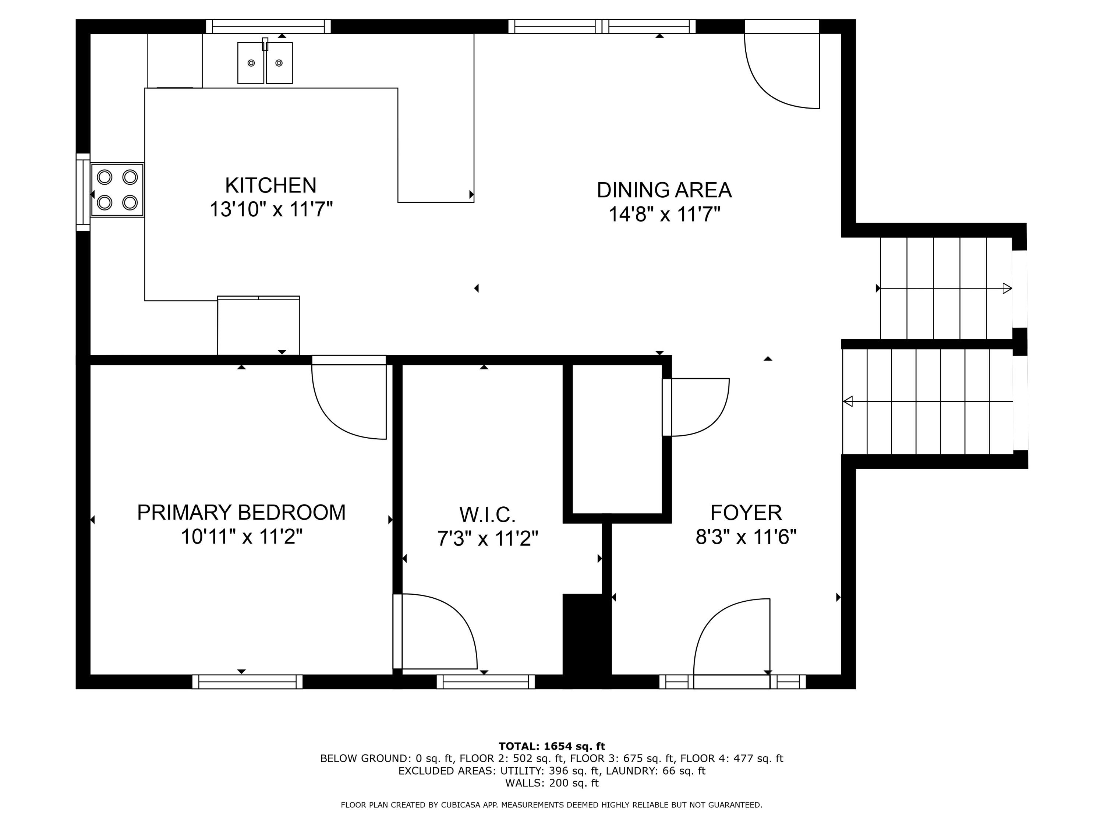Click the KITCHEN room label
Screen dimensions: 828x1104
click(270, 186)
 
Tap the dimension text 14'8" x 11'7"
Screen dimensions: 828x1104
click(664, 215)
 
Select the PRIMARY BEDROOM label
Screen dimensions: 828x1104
click(241, 513)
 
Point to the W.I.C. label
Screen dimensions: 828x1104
click(487, 514)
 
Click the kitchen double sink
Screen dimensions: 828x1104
click(265, 63)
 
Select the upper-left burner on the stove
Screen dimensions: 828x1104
click(105, 177)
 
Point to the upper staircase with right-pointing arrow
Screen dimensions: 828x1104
click(945, 289)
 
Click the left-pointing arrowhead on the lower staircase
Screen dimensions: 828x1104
click(848, 401)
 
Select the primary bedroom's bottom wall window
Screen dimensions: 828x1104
click(248, 682)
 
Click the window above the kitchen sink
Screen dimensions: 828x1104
click(269, 26)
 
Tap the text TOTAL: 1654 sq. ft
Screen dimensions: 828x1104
click(552, 746)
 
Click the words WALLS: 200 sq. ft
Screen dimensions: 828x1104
click(552, 783)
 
